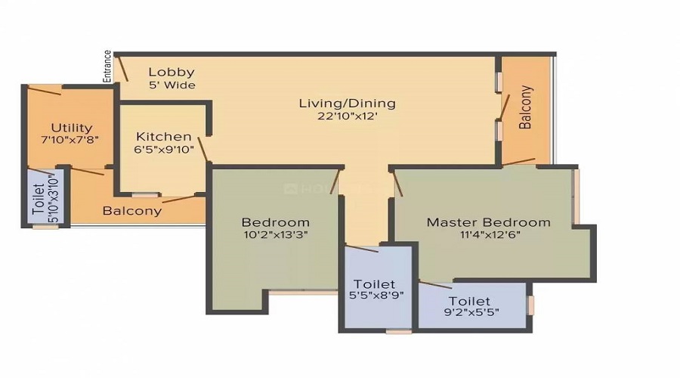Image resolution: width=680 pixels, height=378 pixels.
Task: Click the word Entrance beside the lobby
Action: (x=107, y=67)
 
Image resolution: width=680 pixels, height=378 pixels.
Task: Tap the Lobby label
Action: (x=165, y=72)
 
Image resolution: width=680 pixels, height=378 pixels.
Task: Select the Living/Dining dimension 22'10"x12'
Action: (x=347, y=116)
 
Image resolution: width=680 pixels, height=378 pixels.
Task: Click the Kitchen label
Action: (x=163, y=136)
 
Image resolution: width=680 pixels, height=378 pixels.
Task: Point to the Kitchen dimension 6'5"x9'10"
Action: (x=165, y=150)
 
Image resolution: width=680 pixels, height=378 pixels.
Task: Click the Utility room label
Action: (x=71, y=127)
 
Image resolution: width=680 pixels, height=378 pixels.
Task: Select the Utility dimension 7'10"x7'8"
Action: (x=71, y=140)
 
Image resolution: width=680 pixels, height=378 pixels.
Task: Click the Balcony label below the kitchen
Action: (x=132, y=211)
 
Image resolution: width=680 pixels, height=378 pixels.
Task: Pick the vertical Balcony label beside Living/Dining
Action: (x=526, y=107)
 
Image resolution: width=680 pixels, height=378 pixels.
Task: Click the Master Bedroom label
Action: (x=488, y=222)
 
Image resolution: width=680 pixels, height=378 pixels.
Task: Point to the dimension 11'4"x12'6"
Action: (x=489, y=234)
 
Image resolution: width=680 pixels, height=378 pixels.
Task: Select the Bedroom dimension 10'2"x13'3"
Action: (x=275, y=234)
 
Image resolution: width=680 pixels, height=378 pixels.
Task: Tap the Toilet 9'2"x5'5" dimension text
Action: (x=474, y=311)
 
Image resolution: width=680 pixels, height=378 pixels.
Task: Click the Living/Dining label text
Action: (x=347, y=103)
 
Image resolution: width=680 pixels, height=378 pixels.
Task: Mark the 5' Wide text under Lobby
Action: (x=172, y=85)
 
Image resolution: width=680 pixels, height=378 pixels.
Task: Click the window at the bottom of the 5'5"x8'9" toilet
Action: (x=398, y=330)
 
